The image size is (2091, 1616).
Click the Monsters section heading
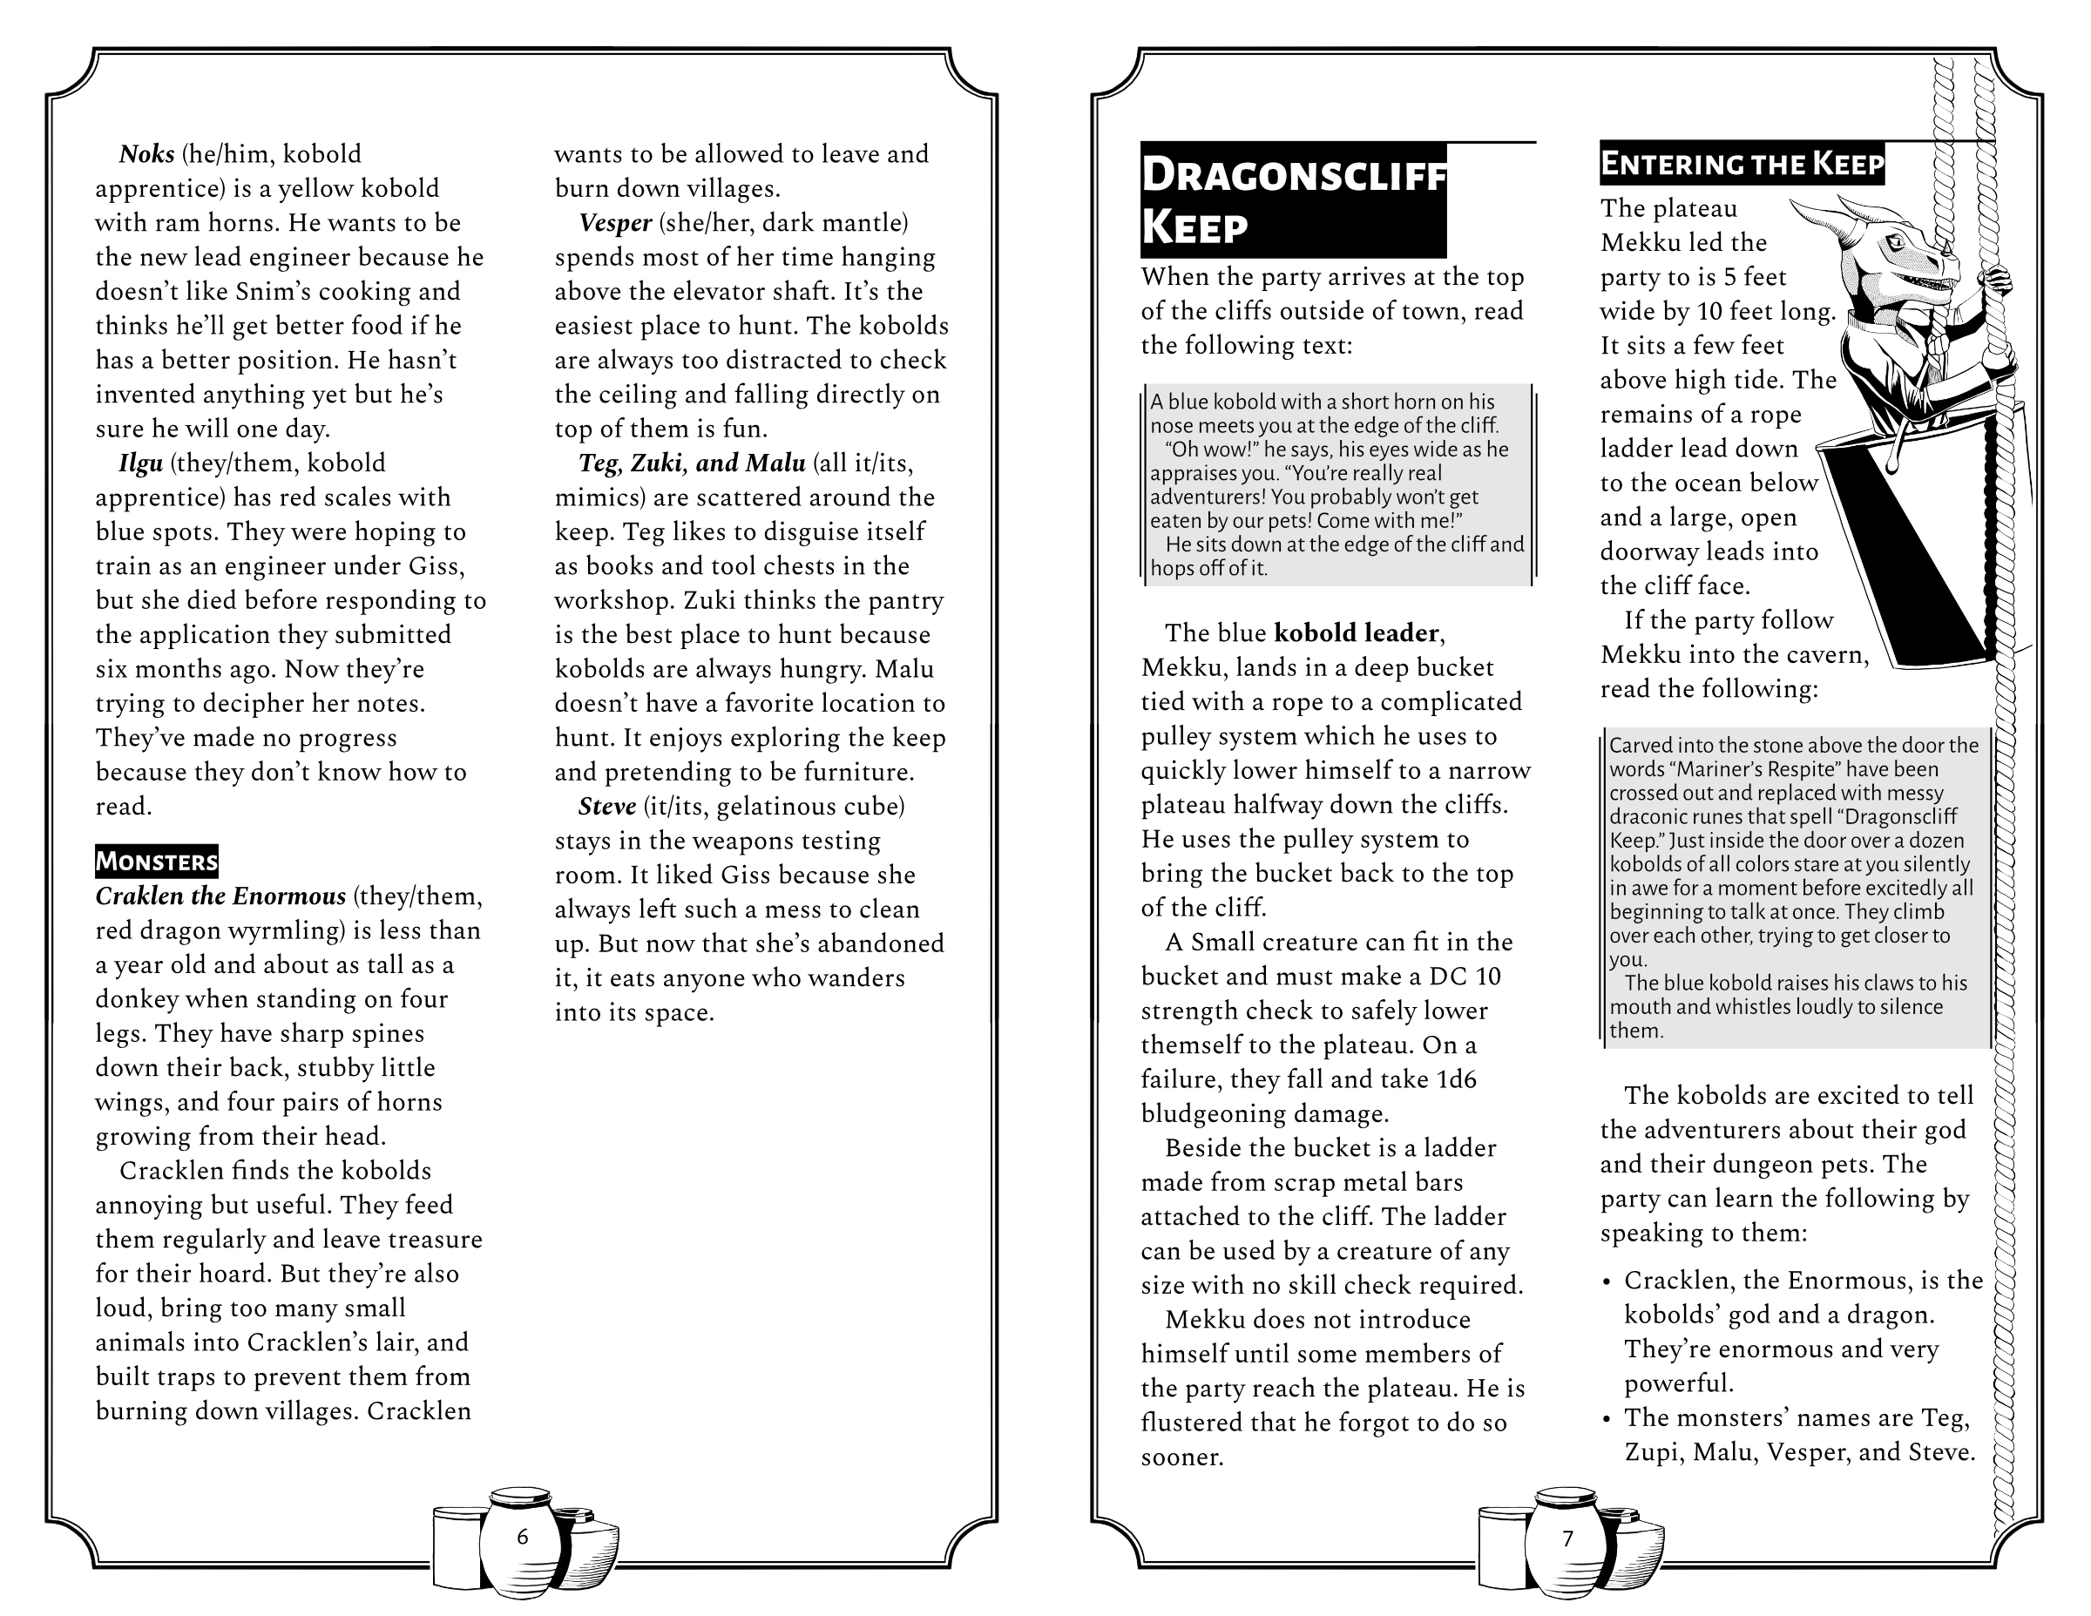tap(156, 861)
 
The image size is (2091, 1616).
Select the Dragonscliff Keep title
tap(1293, 200)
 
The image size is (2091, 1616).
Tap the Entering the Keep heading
tap(1742, 165)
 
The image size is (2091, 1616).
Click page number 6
tap(522, 1537)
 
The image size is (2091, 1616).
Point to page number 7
tap(1567, 1538)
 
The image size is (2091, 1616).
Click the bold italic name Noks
tap(146, 154)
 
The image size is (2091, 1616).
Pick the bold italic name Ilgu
tap(141, 463)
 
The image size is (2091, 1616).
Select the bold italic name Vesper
tap(614, 223)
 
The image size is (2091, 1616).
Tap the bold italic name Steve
tap(607, 806)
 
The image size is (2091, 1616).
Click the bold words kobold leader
tap(1356, 632)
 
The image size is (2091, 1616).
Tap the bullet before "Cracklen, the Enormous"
tap(1607, 1281)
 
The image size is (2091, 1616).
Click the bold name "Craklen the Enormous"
tap(220, 896)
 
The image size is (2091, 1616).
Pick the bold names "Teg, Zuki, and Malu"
tap(691, 463)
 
